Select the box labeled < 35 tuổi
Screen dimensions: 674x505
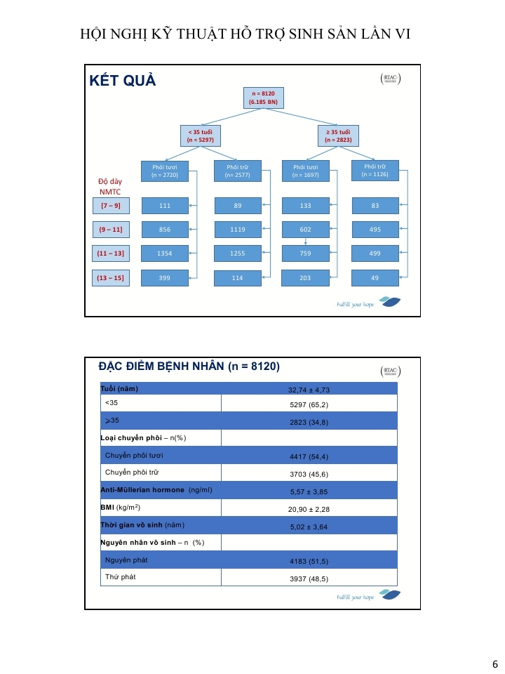click(x=200, y=136)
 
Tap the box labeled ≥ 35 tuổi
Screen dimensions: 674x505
click(x=337, y=136)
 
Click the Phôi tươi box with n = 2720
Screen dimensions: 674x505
click(x=166, y=171)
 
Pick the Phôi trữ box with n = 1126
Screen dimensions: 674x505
click(x=375, y=170)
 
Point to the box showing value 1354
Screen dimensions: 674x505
click(x=166, y=253)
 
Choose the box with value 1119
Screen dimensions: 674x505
click(x=237, y=230)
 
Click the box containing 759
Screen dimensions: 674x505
click(x=305, y=253)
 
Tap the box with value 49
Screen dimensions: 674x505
click(x=375, y=278)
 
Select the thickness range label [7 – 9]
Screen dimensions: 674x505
click(x=110, y=206)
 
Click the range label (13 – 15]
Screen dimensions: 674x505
click(x=110, y=278)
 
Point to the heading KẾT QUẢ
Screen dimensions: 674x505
click(x=123, y=81)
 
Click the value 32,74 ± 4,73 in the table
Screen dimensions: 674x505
click(x=309, y=390)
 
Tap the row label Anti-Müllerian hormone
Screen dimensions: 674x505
click(x=142, y=490)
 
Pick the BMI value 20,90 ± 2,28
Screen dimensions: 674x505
click(x=309, y=508)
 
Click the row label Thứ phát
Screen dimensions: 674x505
click(x=120, y=577)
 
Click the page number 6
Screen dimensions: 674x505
click(x=494, y=664)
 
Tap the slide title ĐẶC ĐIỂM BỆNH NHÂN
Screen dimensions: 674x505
click(x=189, y=366)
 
